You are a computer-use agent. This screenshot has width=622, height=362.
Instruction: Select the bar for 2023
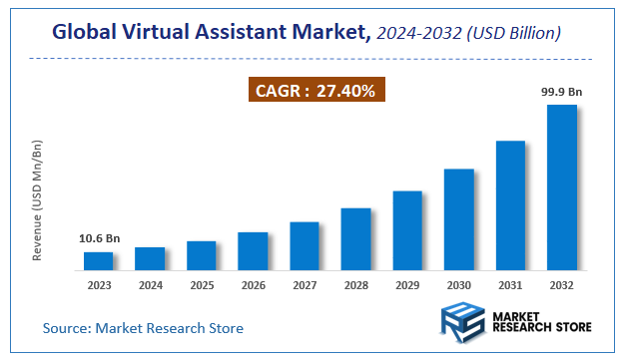click(x=98, y=260)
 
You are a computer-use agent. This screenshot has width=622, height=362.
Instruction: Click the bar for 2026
click(x=253, y=250)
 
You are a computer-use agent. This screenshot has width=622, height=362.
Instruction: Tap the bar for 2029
click(x=407, y=229)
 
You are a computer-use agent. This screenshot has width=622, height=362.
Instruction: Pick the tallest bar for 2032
click(x=562, y=186)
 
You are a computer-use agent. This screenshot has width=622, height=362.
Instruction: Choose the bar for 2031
click(x=510, y=204)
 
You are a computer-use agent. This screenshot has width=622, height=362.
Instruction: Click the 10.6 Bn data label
click(x=98, y=239)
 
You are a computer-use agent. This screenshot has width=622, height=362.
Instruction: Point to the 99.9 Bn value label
click(x=562, y=92)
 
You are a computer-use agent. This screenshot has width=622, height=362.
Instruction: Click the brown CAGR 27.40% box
click(x=316, y=92)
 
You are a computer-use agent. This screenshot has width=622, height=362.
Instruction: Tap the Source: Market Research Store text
click(x=143, y=327)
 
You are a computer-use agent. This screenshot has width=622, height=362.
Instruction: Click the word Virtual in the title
click(x=164, y=34)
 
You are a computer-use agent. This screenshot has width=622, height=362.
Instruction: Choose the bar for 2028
click(x=355, y=238)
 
